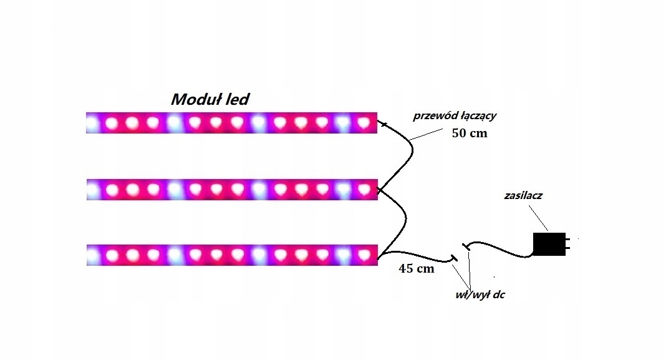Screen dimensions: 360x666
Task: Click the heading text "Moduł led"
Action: [x=211, y=100]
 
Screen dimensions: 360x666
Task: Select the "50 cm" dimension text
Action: [x=469, y=133]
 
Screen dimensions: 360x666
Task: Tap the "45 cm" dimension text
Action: [x=416, y=270]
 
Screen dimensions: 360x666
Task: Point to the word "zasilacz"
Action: [x=523, y=196]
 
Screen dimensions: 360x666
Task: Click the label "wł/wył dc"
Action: [x=480, y=295]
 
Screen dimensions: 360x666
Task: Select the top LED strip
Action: [x=231, y=123]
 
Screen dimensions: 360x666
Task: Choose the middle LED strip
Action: [x=231, y=189]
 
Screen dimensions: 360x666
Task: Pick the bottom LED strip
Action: [x=231, y=255]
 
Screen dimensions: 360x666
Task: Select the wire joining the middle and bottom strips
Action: [x=405, y=218]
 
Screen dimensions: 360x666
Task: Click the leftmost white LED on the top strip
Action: [x=92, y=124]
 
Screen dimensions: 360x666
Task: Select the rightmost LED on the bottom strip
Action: [x=363, y=255]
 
